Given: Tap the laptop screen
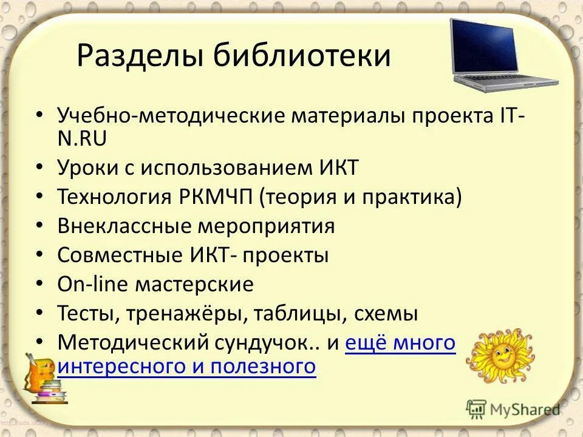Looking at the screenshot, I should [x=484, y=46].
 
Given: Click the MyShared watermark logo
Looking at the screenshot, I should [x=513, y=410].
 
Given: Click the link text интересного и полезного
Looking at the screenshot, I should [x=186, y=366].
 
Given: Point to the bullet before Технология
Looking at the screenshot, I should [x=39, y=197].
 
